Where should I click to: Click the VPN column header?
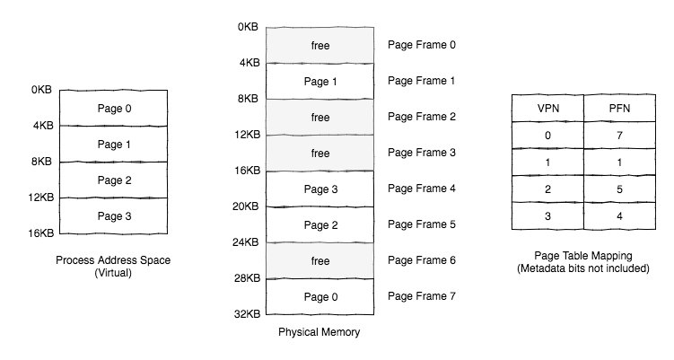tap(547, 108)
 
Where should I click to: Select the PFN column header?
tap(619, 108)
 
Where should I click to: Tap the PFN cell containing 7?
tap(619, 136)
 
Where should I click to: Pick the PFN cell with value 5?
tap(619, 189)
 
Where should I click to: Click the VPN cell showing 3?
tap(547, 216)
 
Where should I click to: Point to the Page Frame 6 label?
tap(421, 260)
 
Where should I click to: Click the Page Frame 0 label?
tap(421, 45)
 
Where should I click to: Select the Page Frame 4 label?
tap(421, 189)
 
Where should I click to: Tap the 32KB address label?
tap(247, 314)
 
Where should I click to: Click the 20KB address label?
tap(246, 206)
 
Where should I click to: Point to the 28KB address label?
tap(247, 278)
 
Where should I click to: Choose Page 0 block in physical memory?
tap(319, 297)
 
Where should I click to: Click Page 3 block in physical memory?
tap(319, 189)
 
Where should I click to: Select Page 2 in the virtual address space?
tap(113, 180)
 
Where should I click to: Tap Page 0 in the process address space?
tap(113, 108)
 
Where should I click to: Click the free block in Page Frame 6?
tap(319, 260)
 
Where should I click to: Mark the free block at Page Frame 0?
tap(319, 45)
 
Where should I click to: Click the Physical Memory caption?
tap(319, 332)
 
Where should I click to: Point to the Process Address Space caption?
tap(113, 260)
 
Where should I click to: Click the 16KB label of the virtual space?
tap(41, 233)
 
